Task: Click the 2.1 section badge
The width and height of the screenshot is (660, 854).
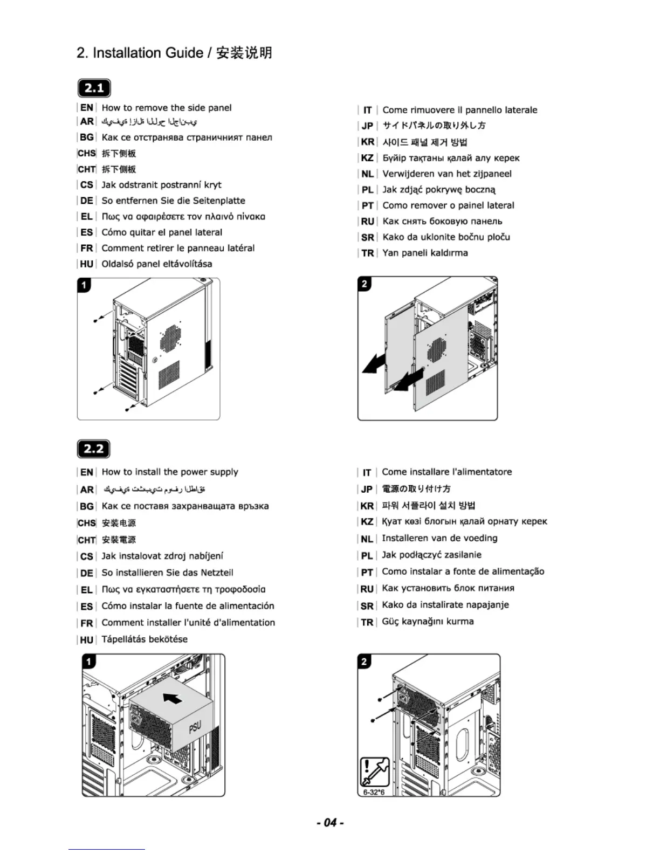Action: pos(94,88)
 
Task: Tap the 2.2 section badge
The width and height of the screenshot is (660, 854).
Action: pos(94,449)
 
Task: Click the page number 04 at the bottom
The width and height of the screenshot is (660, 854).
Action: pos(330,822)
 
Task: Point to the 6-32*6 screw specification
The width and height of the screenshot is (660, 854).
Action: pos(374,792)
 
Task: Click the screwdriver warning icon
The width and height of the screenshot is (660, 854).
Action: pos(375,772)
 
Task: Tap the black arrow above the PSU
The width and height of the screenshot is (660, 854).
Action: pos(173,698)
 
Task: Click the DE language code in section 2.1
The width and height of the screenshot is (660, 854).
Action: pos(87,201)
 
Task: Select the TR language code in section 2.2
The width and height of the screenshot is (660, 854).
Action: pos(367,622)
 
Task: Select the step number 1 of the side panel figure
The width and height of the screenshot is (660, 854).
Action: pos(84,285)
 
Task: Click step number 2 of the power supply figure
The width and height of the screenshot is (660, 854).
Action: pos(365,661)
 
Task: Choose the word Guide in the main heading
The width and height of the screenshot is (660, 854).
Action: pos(184,53)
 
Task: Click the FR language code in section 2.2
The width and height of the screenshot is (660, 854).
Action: pos(87,623)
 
